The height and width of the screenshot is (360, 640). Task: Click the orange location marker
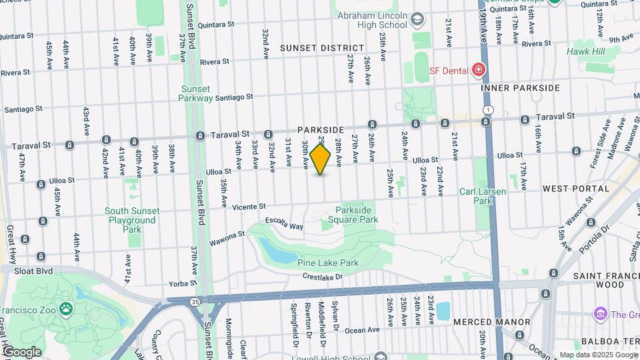pos(321,159)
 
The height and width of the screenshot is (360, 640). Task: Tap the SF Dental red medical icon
pos(478,69)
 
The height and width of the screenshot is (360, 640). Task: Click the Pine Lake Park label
pos(328,263)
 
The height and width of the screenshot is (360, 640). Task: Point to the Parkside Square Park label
pos(357,215)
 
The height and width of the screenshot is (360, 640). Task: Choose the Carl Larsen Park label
pos(483,196)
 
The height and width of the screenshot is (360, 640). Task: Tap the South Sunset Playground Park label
pos(132,220)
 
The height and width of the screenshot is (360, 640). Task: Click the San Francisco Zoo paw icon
pos(65,308)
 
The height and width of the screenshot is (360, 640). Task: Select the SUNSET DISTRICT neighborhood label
pos(322,48)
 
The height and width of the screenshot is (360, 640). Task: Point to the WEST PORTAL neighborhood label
pos(576,189)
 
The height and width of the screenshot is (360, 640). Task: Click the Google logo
pos(21,352)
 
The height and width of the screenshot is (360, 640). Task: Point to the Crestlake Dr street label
pos(322,276)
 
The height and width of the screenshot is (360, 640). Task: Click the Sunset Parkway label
pos(195,93)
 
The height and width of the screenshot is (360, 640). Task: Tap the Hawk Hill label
pos(586,51)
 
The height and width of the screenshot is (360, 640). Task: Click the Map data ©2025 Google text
pos(597,355)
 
